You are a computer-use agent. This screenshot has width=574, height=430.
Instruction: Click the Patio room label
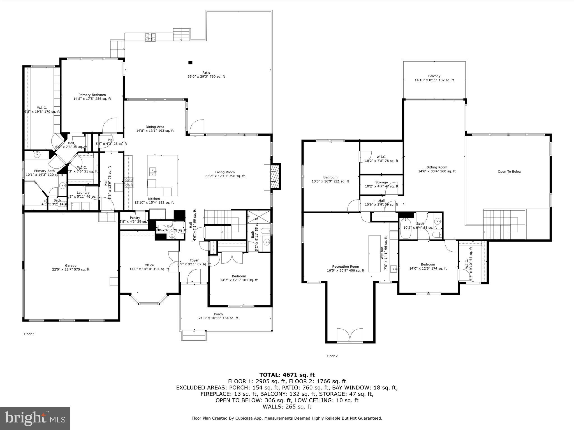(206, 73)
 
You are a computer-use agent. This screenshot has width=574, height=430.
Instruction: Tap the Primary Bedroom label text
(92, 95)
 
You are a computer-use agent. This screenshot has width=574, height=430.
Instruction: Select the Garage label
(71, 266)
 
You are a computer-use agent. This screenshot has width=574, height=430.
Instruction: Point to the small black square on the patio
(190, 62)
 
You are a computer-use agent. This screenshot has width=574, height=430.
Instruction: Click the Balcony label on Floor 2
(434, 76)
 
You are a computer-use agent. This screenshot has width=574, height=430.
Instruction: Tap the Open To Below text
(509, 172)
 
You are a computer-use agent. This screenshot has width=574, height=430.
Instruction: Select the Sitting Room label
(437, 167)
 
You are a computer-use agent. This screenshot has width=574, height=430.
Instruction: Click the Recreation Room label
(345, 267)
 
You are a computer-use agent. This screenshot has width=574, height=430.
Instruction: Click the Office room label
(149, 265)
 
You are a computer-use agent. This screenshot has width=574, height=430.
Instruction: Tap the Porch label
(218, 314)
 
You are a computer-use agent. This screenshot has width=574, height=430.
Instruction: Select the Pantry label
(135, 218)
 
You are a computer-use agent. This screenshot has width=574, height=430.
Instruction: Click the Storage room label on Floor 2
(381, 182)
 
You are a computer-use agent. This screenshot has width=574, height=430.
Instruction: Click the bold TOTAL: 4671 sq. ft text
(287, 375)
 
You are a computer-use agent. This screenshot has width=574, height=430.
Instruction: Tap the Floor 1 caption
(29, 334)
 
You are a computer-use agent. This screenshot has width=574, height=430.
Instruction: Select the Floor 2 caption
(332, 356)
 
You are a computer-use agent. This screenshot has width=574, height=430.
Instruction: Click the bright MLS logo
(35, 419)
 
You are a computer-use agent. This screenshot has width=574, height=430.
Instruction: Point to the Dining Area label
(155, 127)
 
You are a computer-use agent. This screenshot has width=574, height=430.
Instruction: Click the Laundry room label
(83, 193)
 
